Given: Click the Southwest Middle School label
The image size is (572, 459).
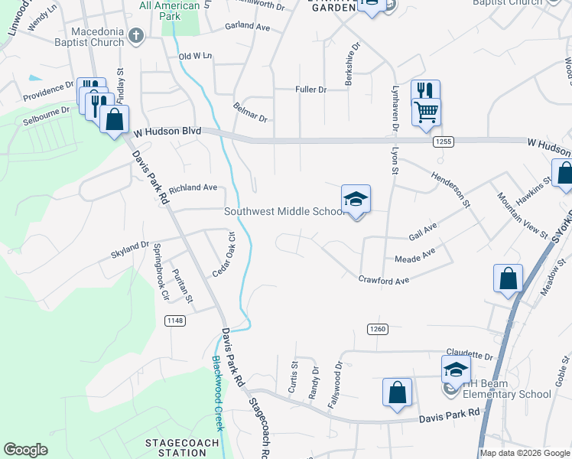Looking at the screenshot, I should pos(284,212).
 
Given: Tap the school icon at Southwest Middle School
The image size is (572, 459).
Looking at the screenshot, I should pos(356,200).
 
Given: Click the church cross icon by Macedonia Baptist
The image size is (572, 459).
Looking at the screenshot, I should pos(136,35).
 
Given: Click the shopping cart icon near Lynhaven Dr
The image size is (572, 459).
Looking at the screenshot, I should pos(426,112).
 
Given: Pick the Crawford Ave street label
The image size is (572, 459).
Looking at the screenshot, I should pos(384,281).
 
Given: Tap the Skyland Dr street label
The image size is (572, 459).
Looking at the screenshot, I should pos(130,246).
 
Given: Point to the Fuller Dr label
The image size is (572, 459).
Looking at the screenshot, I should pos(311,90).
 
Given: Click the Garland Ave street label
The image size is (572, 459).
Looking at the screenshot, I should pos(248,27).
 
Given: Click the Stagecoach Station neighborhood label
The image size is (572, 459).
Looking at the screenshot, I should pos(177,448).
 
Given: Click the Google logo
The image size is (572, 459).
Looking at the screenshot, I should pos(26,450).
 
